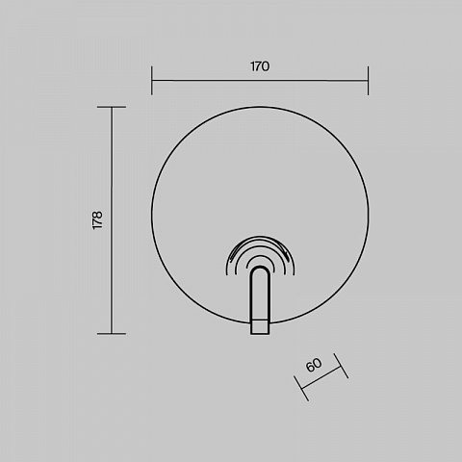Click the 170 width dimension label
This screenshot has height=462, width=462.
coord(260,66)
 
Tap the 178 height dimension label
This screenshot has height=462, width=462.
coord(97,220)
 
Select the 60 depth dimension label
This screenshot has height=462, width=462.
coord(314,365)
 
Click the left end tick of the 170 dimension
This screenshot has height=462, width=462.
coord(152,81)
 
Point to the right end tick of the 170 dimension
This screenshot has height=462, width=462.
coord(368,81)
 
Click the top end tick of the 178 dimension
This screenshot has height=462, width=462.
coord(112,107)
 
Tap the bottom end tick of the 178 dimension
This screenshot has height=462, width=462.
coord(112,334)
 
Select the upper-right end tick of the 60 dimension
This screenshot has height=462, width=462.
coord(341,366)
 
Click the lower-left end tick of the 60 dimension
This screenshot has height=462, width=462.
coord(301,389)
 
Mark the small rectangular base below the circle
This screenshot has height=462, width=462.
coord(260,327)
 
